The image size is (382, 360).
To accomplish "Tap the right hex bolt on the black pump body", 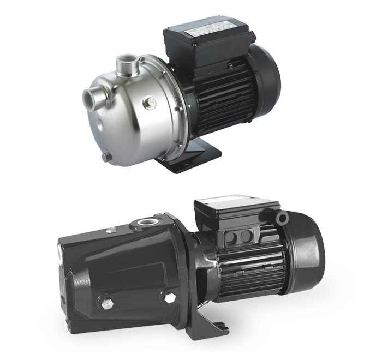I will point(170,298).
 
